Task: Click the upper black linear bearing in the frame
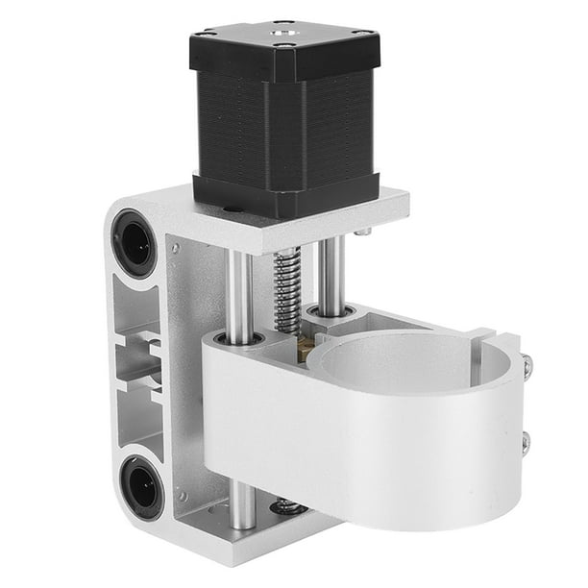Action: (135, 242)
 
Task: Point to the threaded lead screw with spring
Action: (286, 288)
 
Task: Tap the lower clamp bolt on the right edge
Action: (525, 442)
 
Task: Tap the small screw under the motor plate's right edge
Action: (362, 232)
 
